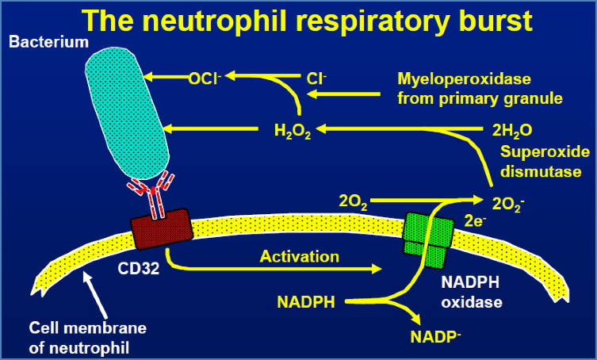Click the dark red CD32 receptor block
[162, 226]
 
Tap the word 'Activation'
[300, 256]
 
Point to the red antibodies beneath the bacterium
[154, 190]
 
